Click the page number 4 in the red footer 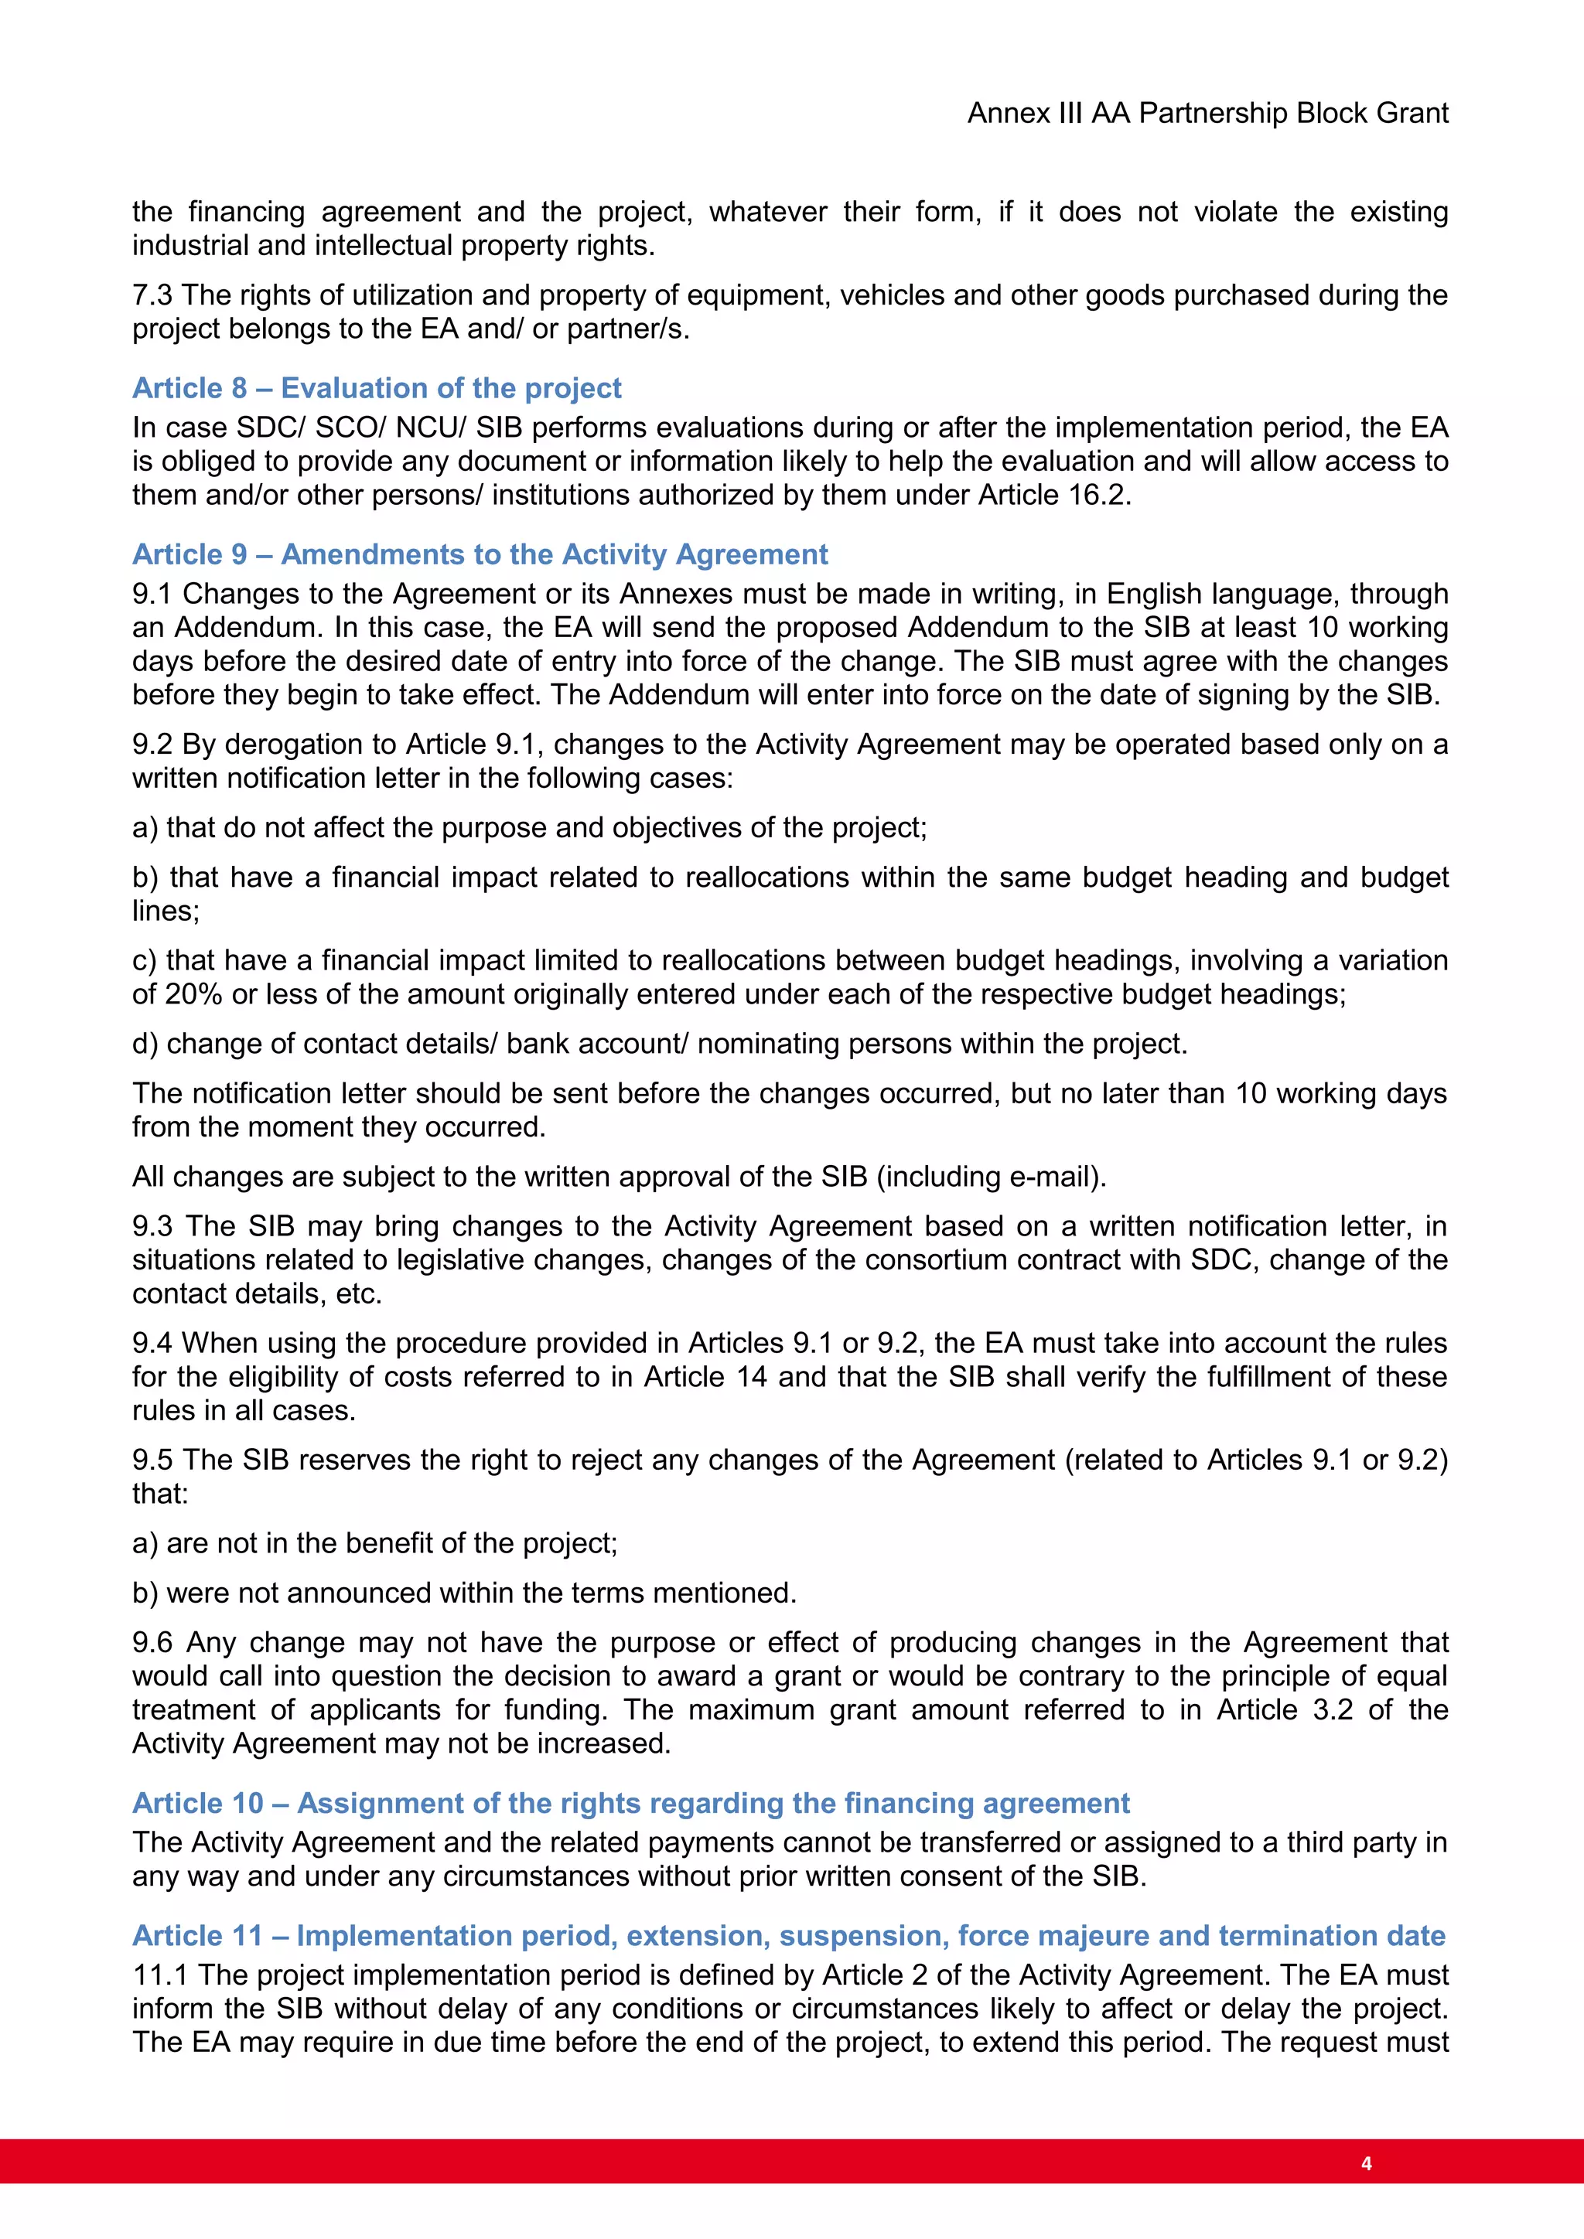coord(1366,2163)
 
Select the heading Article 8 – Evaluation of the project coord(377,388)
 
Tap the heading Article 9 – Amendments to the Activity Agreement coord(480,554)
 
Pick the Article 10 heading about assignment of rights coord(631,1803)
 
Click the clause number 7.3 coord(152,295)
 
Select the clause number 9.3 coord(152,1225)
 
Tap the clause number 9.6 coord(152,1642)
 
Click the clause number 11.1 coord(160,1975)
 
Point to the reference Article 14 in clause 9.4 coord(705,1377)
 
